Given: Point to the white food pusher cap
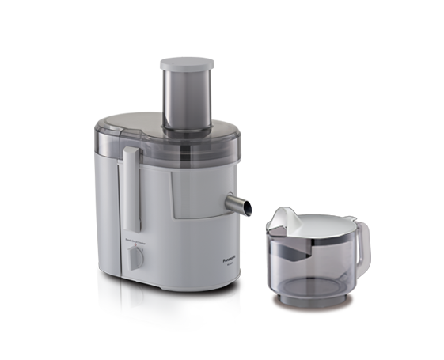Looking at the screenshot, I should pos(182,66).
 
